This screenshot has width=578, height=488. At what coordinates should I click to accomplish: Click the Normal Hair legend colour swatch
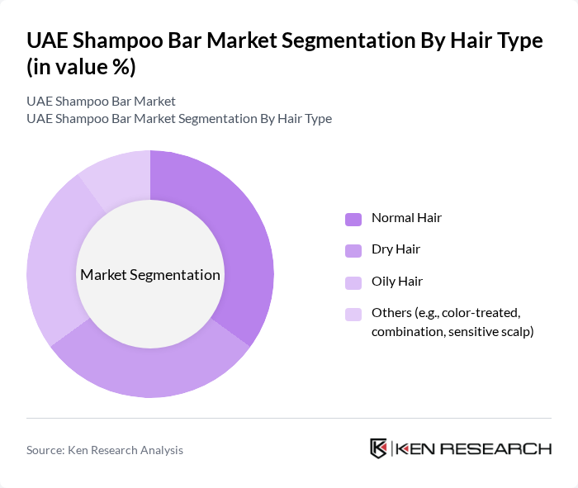(353, 219)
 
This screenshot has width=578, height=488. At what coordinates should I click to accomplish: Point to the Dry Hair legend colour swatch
(353, 249)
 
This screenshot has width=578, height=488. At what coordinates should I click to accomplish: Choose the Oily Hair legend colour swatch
(353, 282)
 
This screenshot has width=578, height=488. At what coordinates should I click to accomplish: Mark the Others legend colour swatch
(353, 314)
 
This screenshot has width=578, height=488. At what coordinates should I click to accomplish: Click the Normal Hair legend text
(406, 218)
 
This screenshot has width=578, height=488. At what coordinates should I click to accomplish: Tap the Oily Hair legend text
(396, 281)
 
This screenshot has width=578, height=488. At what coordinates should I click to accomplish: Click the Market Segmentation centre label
(149, 275)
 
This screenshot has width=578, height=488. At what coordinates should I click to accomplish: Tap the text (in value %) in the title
(81, 67)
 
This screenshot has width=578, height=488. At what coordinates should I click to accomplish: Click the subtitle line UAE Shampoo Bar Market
(101, 102)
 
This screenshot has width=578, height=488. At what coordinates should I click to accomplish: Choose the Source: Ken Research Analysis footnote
(105, 450)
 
